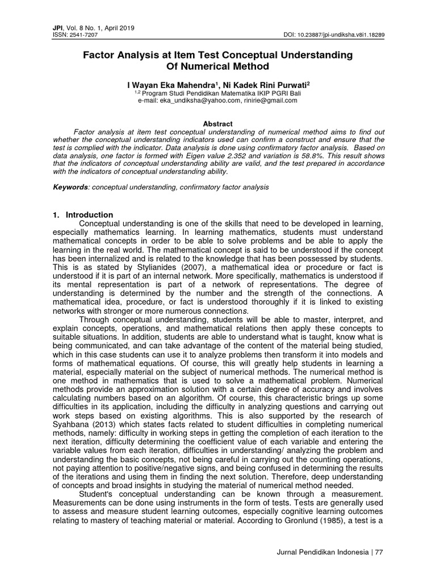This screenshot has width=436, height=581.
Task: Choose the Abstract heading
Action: click(x=218, y=123)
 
